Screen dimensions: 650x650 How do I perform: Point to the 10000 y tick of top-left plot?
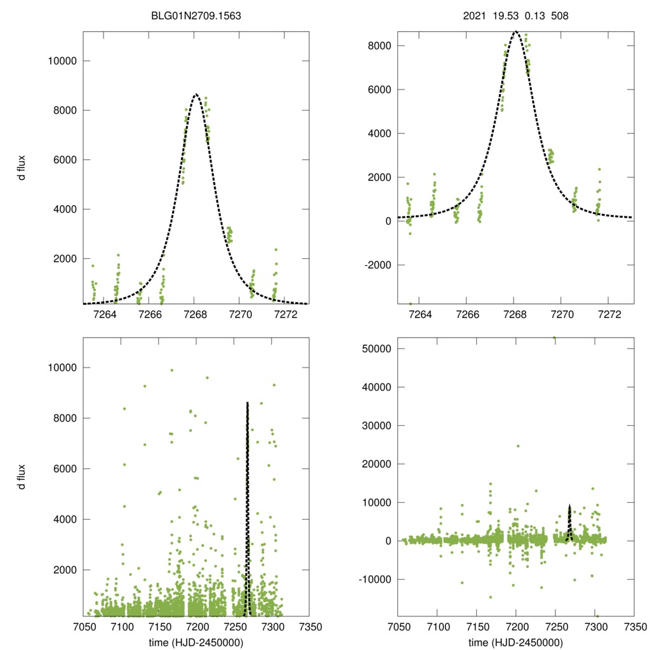(62, 61)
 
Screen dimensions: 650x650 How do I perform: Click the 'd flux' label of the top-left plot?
(22, 166)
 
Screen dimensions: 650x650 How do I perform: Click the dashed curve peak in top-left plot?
(196, 95)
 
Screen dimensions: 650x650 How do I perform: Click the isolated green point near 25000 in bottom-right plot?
(518, 446)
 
